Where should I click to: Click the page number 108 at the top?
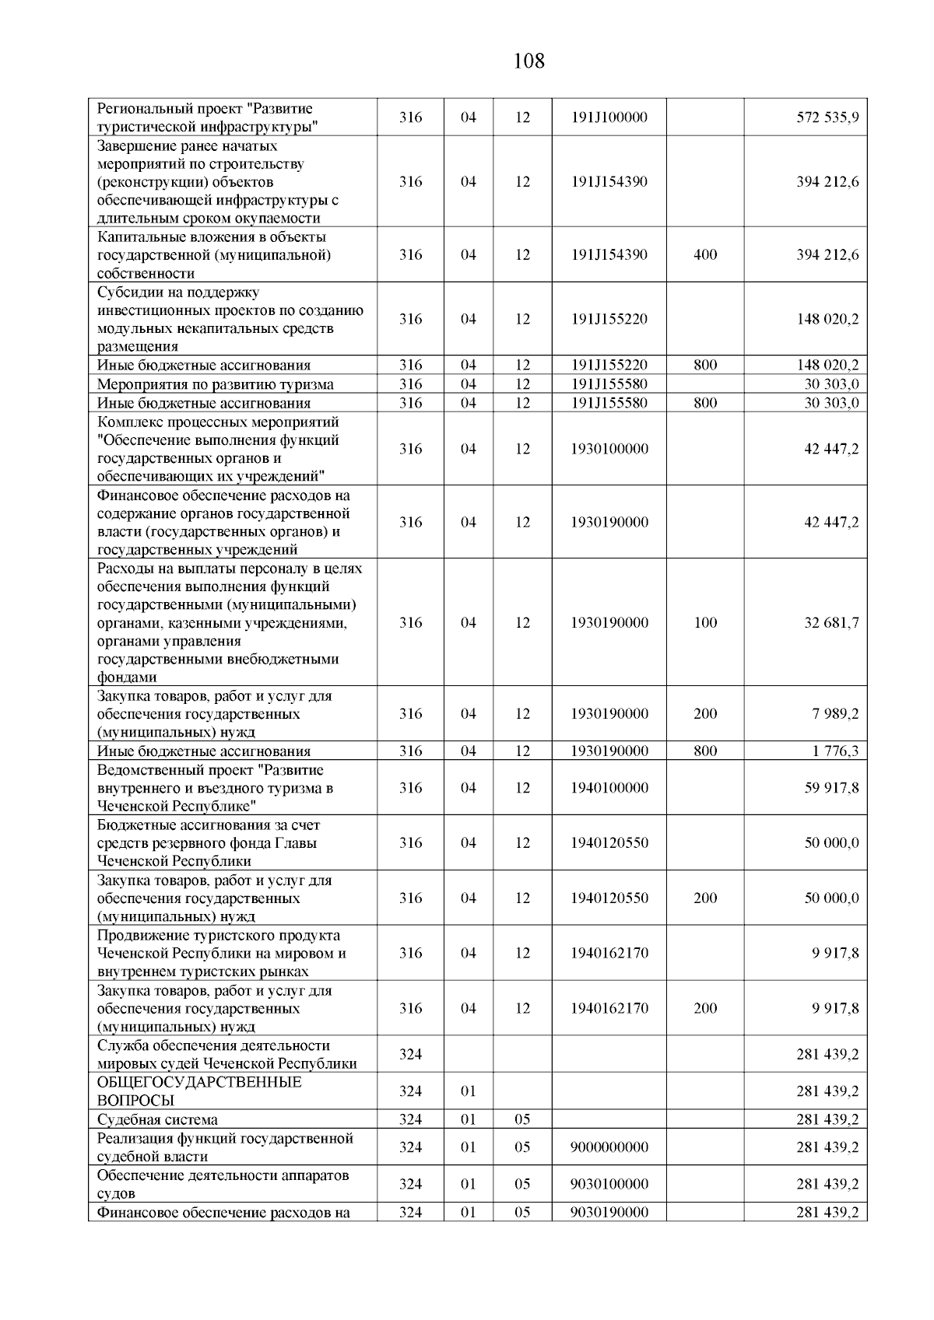(x=529, y=61)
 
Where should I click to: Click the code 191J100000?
(x=609, y=117)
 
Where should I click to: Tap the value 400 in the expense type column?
(x=704, y=254)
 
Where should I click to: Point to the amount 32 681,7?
(x=831, y=622)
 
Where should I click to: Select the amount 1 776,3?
(x=835, y=751)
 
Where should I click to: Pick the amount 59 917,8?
(x=831, y=787)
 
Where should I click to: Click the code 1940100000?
(x=609, y=787)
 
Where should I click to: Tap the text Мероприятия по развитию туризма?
(x=215, y=384)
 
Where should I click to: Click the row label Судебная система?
(x=157, y=1119)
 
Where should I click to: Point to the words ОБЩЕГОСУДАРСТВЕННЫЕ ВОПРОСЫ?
(x=199, y=1091)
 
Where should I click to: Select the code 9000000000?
(x=609, y=1147)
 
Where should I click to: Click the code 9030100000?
(x=609, y=1184)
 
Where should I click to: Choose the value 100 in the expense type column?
(x=704, y=622)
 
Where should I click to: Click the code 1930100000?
(x=609, y=449)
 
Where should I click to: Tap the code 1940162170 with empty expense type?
(x=609, y=953)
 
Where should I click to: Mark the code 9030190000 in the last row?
(x=609, y=1212)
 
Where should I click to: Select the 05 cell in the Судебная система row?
(x=522, y=1119)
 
